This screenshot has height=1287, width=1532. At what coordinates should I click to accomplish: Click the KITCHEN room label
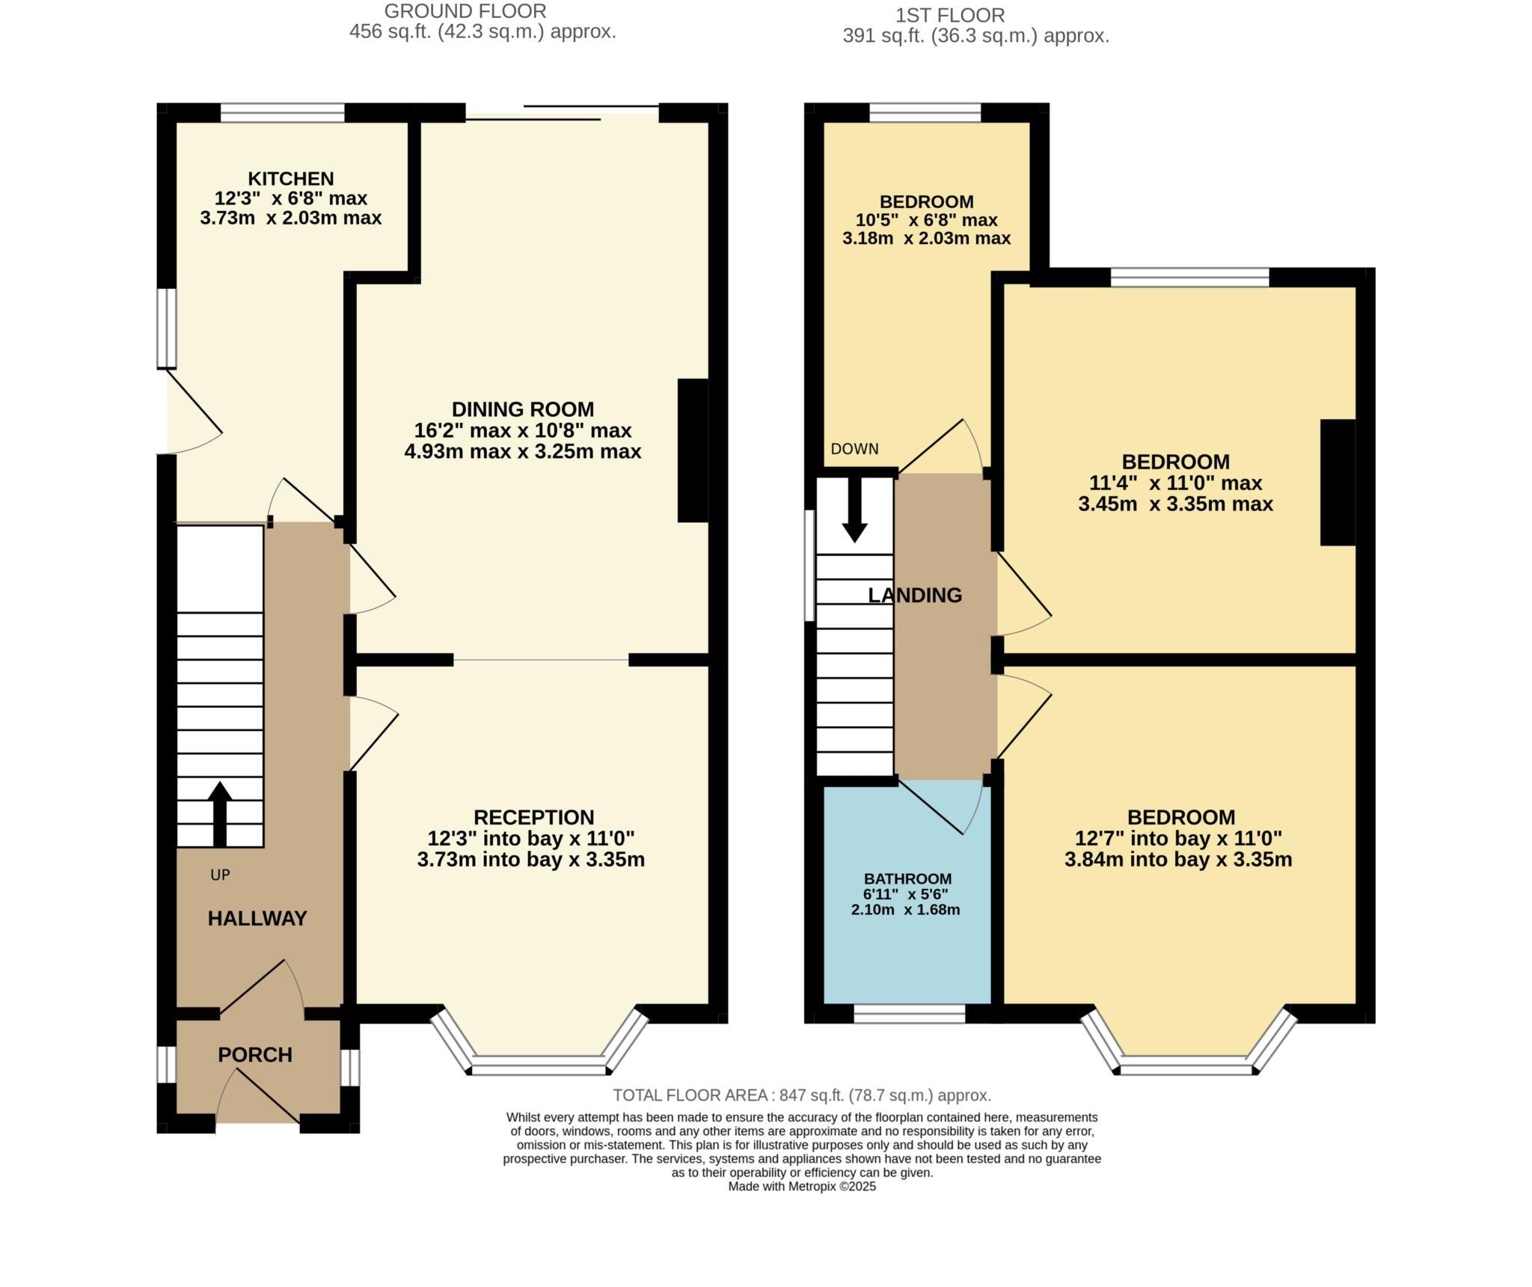(x=290, y=179)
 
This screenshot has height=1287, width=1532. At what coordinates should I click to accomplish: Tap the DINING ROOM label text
(x=522, y=409)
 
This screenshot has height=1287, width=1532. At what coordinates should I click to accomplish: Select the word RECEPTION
(x=533, y=817)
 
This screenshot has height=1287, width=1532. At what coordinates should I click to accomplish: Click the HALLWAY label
(x=257, y=918)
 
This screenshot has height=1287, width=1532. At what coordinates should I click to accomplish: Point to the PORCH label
(x=255, y=1054)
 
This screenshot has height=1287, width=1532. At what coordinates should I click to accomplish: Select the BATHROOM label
(x=907, y=878)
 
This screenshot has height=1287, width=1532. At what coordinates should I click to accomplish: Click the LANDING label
(x=914, y=596)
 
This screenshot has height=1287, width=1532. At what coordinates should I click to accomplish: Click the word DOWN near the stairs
(x=854, y=449)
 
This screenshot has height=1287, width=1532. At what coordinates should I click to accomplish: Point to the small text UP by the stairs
(x=220, y=875)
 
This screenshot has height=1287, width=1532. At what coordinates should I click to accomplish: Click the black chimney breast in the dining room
(x=692, y=450)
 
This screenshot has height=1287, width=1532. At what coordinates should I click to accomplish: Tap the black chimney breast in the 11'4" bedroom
(x=1338, y=482)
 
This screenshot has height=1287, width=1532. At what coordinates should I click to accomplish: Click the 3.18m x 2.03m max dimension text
(x=926, y=239)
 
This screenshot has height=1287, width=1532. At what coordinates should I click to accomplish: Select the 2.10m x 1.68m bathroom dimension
(x=905, y=910)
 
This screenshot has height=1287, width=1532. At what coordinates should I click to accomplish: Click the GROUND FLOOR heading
(x=465, y=11)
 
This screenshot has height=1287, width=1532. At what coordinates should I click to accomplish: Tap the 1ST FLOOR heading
(x=949, y=15)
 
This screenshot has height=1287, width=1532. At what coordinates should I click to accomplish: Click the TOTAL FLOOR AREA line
(x=801, y=1095)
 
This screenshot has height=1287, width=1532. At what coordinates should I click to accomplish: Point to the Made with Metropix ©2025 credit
(x=801, y=1186)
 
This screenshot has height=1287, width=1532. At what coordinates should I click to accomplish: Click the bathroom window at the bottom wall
(x=909, y=1014)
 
